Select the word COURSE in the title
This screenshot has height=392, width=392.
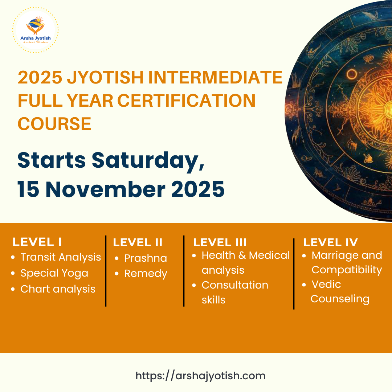click(54, 124)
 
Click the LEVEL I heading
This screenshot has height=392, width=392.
click(37, 242)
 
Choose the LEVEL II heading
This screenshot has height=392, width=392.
click(138, 242)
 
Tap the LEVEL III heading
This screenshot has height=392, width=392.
click(220, 242)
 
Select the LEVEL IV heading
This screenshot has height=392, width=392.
click(331, 242)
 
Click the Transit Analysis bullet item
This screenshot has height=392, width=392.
click(61, 257)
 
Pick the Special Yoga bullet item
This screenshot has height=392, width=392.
click(54, 273)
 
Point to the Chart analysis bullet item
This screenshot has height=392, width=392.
click(58, 289)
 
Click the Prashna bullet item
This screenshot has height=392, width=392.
click(146, 258)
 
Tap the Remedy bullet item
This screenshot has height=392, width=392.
click(146, 274)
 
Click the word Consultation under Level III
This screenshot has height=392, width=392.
click(235, 285)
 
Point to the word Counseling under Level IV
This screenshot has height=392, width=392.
click(340, 299)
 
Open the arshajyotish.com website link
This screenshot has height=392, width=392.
click(200, 376)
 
